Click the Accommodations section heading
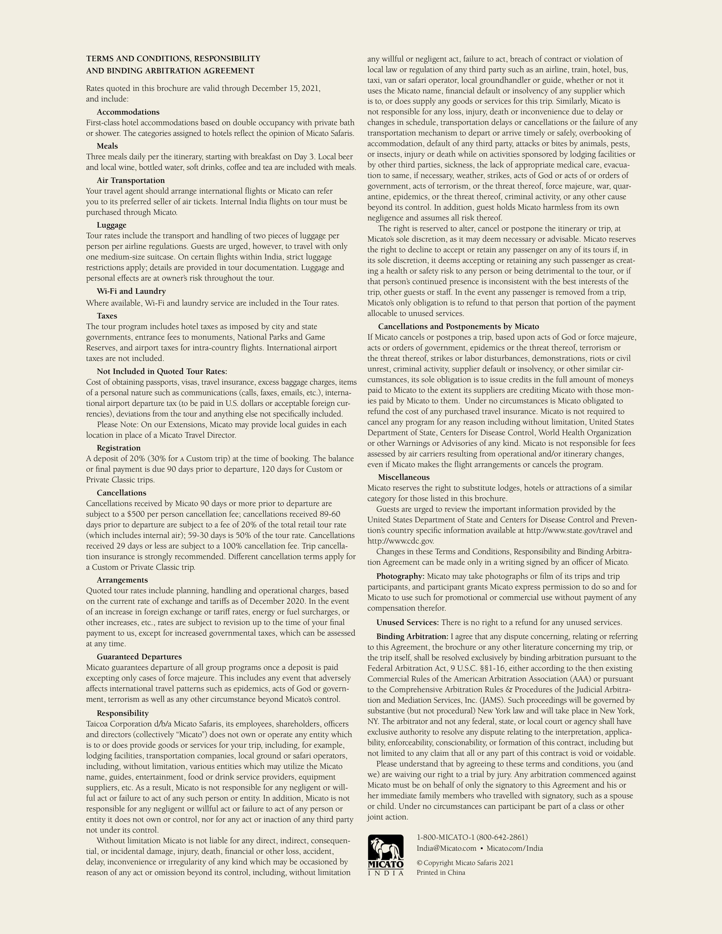click(x=128, y=112)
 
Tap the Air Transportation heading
click(x=131, y=180)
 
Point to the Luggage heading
click(x=111, y=225)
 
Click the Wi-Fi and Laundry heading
click(x=131, y=291)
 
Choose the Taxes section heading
click(x=106, y=316)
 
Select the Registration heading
click(x=118, y=448)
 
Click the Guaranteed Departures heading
click(x=139, y=656)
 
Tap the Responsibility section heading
click(x=122, y=713)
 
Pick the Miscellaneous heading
click(x=403, y=477)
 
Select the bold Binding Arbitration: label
click(x=412, y=637)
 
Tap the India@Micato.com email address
click(x=446, y=848)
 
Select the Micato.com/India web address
click(x=515, y=848)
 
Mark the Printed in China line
click(x=441, y=873)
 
